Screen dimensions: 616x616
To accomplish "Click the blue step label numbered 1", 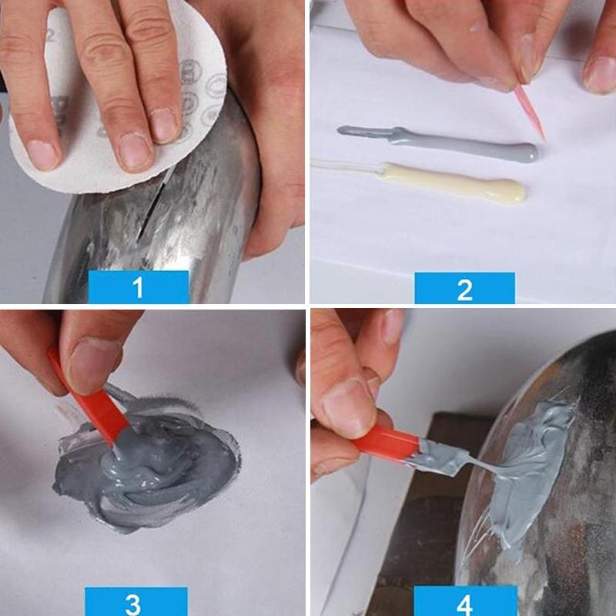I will point(139,287).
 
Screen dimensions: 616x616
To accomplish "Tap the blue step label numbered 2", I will point(464,288).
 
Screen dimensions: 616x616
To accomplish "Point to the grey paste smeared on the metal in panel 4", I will point(531,470).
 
